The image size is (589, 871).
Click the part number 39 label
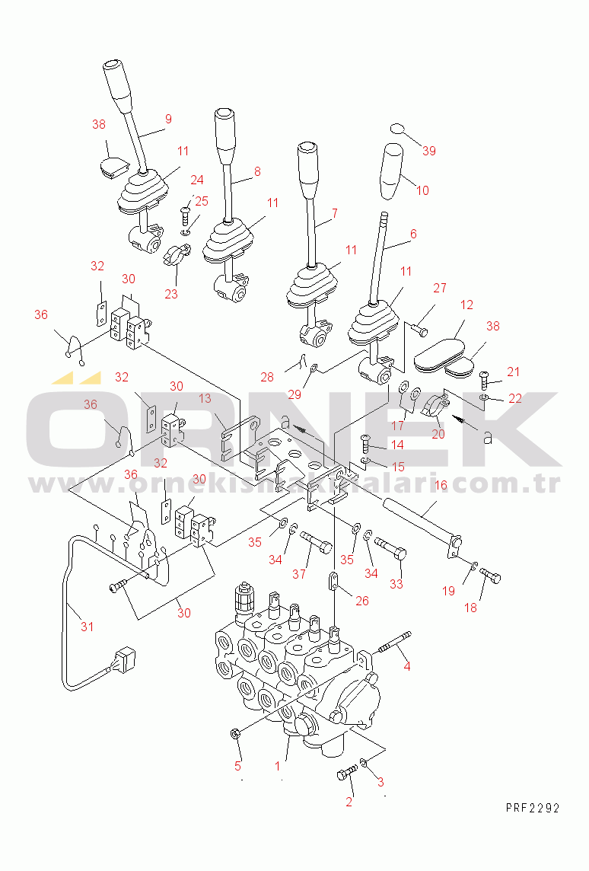[429, 151]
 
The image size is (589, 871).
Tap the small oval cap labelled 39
[398, 129]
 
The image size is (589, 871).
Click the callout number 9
[168, 119]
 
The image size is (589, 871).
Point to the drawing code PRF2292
[533, 808]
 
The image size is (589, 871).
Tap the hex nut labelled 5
[235, 734]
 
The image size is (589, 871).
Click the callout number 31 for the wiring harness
[88, 627]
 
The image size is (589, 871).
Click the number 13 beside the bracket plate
[205, 398]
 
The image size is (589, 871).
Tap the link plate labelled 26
[333, 581]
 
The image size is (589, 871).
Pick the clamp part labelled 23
[176, 253]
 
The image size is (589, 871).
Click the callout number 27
[440, 288]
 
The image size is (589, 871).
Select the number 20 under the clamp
[438, 434]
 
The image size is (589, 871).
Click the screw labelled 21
[483, 380]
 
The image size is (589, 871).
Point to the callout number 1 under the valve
[278, 767]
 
